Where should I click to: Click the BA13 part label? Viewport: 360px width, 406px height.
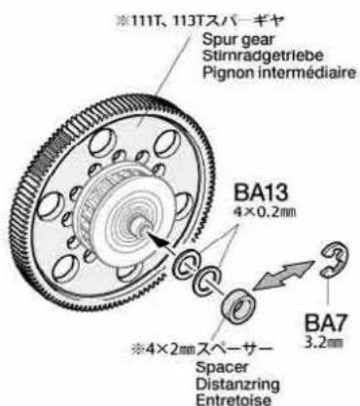click(261, 194)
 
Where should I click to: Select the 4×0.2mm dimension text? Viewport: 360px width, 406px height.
click(265, 212)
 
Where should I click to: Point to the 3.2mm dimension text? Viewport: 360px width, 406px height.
click(324, 343)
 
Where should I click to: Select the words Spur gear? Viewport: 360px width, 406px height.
click(238, 41)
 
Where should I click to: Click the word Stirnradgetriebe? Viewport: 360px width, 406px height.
click(263, 55)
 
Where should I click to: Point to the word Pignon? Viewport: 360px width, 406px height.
click(228, 73)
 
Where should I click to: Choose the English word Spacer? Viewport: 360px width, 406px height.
click(222, 368)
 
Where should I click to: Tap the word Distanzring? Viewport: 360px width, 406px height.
click(237, 385)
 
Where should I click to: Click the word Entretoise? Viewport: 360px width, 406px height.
click(234, 399)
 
